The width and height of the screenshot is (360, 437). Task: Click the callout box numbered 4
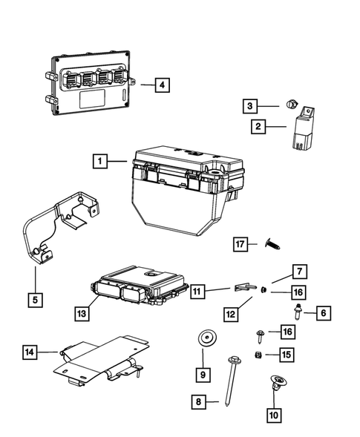click(162, 85)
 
